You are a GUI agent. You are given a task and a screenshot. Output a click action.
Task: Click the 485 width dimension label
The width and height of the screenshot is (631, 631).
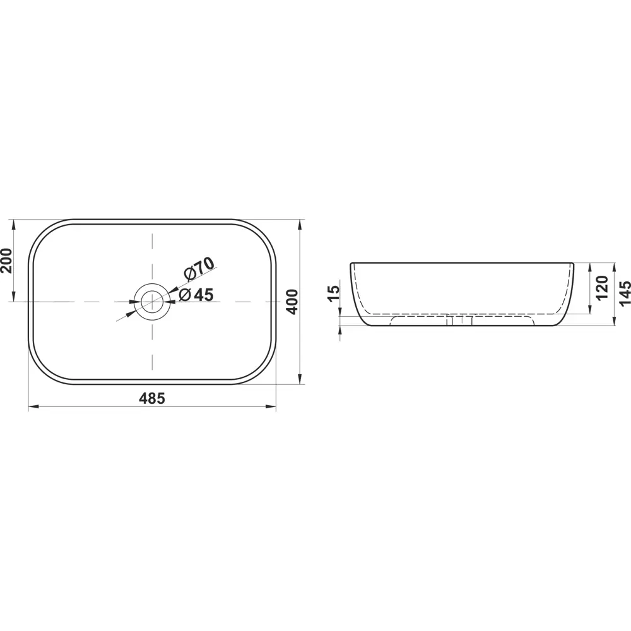click(x=152, y=398)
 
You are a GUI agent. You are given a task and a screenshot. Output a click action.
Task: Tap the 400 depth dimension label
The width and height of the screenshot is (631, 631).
click(x=291, y=302)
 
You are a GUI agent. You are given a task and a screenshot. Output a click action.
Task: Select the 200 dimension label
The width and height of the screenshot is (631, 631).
click(x=6, y=260)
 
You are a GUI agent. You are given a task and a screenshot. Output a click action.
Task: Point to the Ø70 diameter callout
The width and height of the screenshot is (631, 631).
click(x=200, y=269)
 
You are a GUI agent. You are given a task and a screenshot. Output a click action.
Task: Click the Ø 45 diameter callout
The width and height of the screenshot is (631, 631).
click(x=196, y=294)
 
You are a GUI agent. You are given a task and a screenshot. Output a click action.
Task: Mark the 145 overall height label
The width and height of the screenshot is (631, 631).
click(x=625, y=293)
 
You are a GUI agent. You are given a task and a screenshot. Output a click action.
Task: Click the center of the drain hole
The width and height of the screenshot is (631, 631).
click(x=152, y=302)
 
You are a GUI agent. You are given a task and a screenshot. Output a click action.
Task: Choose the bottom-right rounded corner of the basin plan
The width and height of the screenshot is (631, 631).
click(x=262, y=369)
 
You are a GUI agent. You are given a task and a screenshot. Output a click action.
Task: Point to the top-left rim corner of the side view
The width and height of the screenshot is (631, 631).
click(x=352, y=264)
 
